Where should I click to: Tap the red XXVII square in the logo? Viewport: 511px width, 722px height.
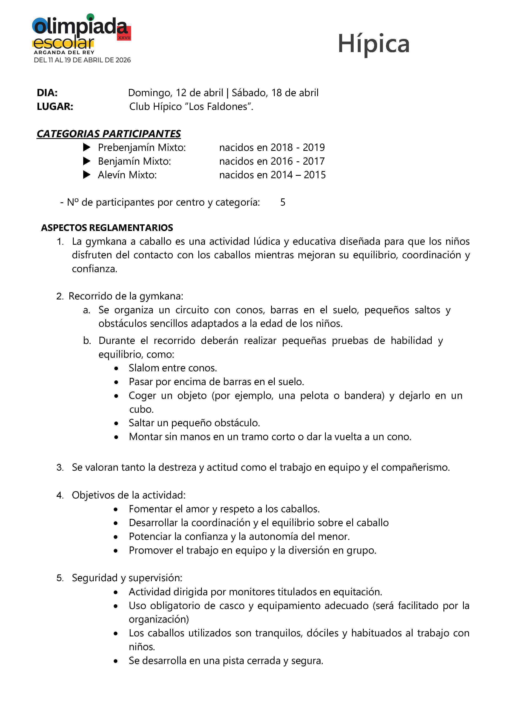(124, 33)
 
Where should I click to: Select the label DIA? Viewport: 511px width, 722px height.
(47, 93)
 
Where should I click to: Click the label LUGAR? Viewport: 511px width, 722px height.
(55, 107)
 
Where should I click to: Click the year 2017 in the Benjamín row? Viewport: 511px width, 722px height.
(313, 161)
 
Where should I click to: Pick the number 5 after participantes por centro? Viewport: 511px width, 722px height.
(283, 202)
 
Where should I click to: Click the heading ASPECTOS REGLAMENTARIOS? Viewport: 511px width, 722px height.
(107, 228)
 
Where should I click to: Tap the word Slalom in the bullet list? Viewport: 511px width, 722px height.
(144, 368)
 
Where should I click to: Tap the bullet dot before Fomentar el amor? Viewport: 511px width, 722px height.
(116, 509)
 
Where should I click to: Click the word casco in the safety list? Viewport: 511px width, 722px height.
(231, 606)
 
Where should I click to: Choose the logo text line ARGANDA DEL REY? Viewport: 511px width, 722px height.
(64, 52)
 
